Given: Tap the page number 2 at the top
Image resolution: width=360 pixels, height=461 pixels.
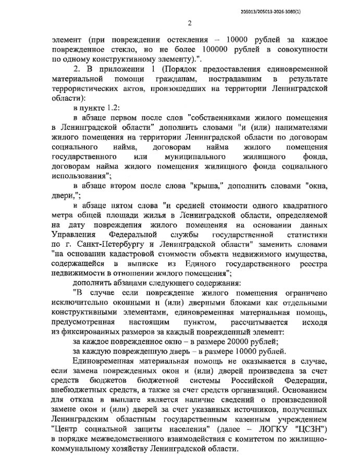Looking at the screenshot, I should pos(190,22).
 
